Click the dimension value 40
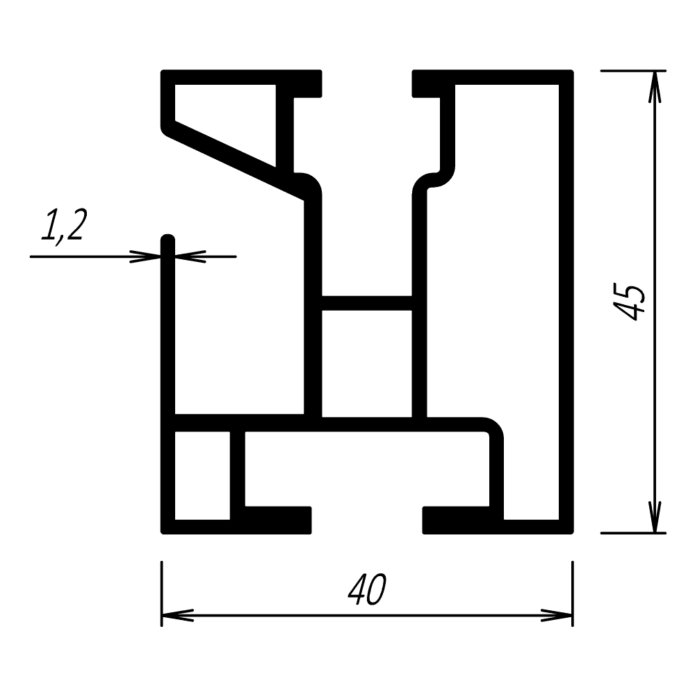pos(367,589)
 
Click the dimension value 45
pos(628,302)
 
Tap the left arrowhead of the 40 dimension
pos(177,615)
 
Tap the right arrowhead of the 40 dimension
pos(557,615)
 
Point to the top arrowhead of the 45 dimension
pos(655,87)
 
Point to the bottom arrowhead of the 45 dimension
pos(655,517)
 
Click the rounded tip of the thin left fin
pos(167,237)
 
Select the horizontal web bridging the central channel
pos(366,303)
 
